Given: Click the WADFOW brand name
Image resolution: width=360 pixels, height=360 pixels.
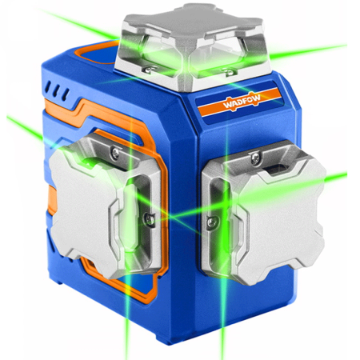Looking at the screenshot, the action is (x=242, y=101).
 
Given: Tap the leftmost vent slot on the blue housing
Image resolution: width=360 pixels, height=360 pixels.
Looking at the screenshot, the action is (x=48, y=87).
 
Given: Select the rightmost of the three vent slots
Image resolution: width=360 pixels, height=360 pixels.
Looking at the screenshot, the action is (x=66, y=94).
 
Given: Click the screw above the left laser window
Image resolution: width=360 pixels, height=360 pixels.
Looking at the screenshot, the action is (x=115, y=153).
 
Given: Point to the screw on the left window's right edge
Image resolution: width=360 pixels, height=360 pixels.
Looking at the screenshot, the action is (x=150, y=220).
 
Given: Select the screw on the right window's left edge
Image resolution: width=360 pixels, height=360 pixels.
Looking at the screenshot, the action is (x=212, y=222).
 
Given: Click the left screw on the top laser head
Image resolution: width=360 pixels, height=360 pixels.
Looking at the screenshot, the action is (x=148, y=70).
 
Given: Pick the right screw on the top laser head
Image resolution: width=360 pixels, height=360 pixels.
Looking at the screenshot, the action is (x=228, y=71).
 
